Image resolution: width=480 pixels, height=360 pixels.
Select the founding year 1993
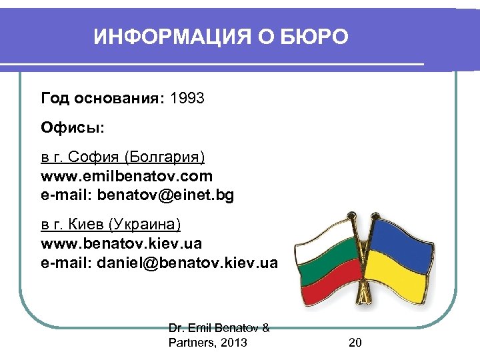coord(187,99)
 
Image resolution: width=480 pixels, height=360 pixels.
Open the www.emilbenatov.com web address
coord(127,176)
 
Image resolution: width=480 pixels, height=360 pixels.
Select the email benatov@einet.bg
coord(166,195)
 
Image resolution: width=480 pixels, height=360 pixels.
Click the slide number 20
coord(355,343)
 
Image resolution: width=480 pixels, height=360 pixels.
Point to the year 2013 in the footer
coord(233,343)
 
